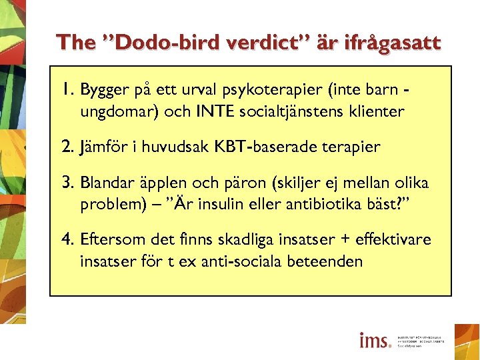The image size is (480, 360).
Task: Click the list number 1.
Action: coord(67,90)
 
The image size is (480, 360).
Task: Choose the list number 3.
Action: coord(68,183)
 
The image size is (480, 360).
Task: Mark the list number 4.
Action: coord(68,239)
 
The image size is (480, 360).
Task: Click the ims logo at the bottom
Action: coord(375,341)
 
